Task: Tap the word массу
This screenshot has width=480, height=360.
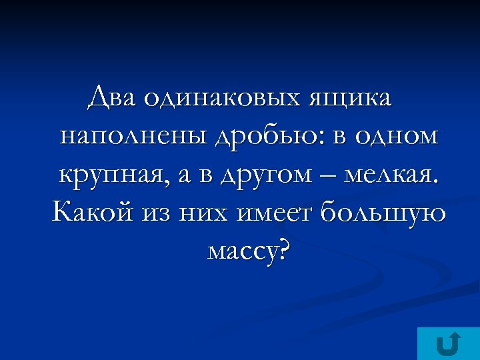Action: coord(241,251)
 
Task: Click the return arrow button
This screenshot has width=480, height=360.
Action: coord(447,344)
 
